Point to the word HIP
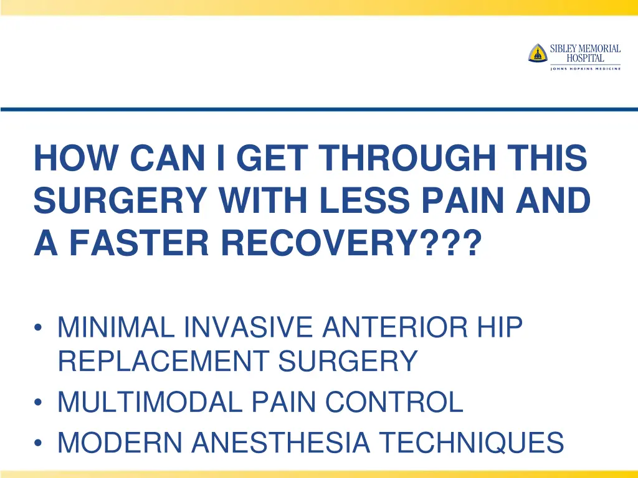pos(498,327)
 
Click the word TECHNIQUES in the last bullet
pos(471,443)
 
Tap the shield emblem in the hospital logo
pos(537,54)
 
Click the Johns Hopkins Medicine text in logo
pos(585,68)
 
